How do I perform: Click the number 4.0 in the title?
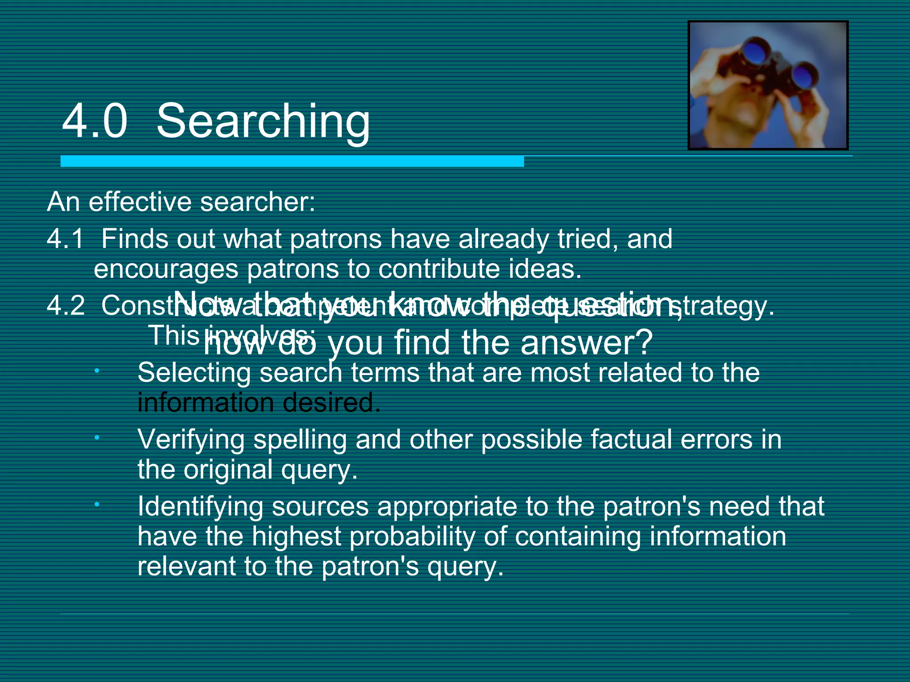tap(95, 121)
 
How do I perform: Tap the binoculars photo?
tap(768, 85)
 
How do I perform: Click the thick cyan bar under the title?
tap(292, 161)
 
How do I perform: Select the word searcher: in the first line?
tap(257, 202)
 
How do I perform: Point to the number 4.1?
tap(65, 239)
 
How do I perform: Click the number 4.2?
tap(65, 306)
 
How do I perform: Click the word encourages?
tap(166, 269)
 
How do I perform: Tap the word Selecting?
tap(194, 373)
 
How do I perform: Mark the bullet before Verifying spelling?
tap(96, 438)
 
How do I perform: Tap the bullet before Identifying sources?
tap(96, 504)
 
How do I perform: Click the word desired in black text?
tap(331, 403)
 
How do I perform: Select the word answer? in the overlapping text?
tap(587, 343)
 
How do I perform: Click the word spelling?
tap(300, 440)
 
